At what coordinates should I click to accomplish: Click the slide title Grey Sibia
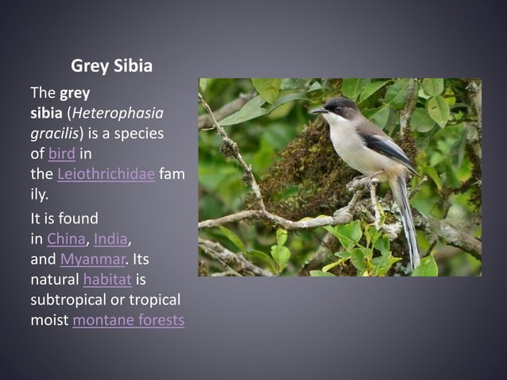(x=111, y=66)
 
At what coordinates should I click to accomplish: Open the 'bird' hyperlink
(x=61, y=153)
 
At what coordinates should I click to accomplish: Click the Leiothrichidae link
(x=106, y=173)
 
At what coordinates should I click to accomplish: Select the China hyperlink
(x=66, y=238)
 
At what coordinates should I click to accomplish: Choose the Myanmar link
(x=92, y=259)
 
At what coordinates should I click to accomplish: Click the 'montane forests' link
(x=128, y=320)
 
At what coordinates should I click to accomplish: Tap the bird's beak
(x=318, y=111)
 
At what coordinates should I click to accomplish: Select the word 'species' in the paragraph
(x=136, y=134)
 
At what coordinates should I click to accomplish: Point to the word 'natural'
(x=54, y=280)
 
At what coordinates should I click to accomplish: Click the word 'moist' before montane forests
(x=49, y=320)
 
